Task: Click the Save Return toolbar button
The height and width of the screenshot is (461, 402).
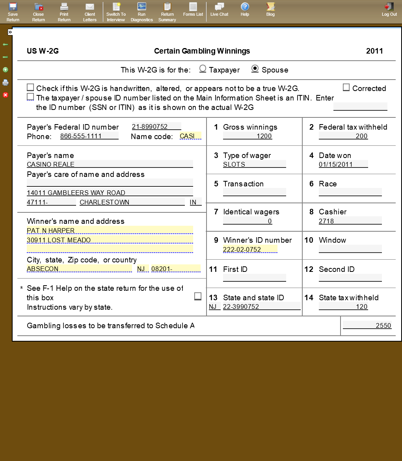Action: coord(13,11)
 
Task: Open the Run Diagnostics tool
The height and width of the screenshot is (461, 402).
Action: coord(141,11)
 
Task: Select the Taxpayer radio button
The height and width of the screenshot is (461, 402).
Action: coord(203,69)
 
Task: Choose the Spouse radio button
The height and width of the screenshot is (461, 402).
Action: coord(255,69)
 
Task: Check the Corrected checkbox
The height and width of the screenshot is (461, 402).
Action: coord(346,87)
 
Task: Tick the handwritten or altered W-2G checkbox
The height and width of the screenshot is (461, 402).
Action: coord(30,87)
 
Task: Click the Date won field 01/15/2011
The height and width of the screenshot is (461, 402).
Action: coord(343,164)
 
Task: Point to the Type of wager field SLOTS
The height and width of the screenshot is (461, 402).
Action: coord(254,164)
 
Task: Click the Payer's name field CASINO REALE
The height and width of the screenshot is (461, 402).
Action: coord(110,164)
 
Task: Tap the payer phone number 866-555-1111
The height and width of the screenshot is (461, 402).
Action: coord(89,136)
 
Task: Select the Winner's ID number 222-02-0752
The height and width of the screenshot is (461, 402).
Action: coord(250,249)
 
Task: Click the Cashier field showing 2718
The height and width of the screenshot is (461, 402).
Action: coord(350,221)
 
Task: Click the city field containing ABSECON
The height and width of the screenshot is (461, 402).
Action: coord(79,269)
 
